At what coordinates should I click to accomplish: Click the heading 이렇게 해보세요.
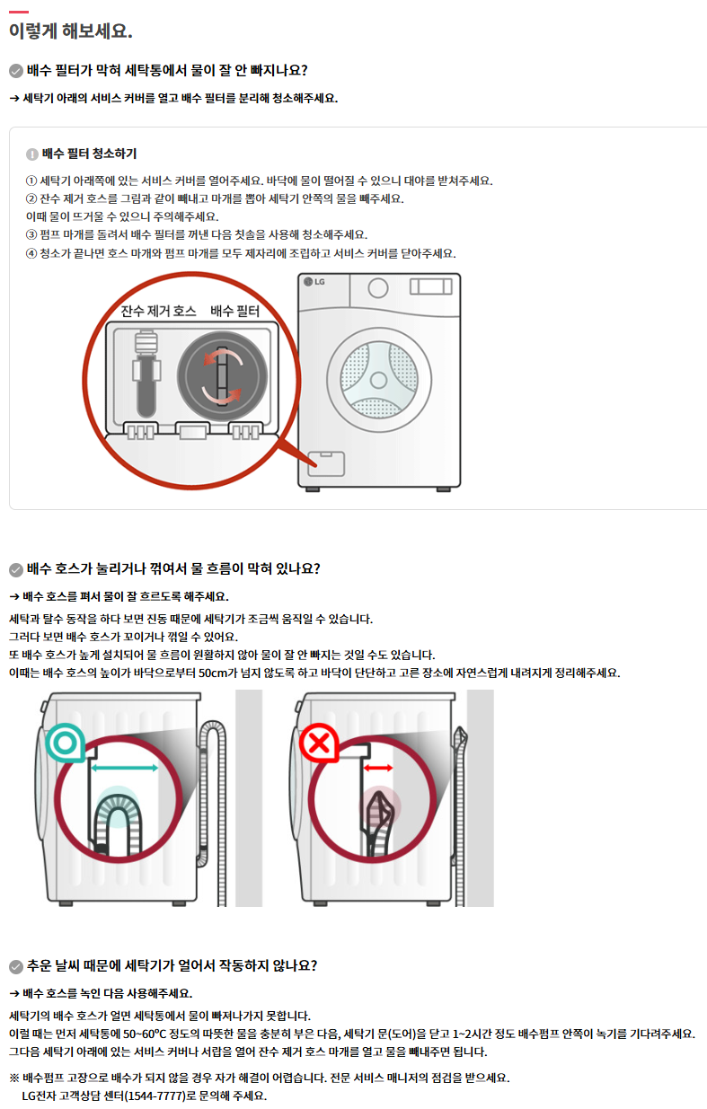71,31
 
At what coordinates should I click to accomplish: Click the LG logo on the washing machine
314,282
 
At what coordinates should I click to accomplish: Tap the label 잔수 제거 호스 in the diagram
158,311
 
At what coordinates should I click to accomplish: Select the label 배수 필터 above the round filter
234,311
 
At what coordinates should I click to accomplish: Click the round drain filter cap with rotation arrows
223,377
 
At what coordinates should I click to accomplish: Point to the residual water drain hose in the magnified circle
146,374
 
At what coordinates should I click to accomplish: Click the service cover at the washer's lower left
326,463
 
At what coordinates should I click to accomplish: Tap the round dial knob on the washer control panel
378,288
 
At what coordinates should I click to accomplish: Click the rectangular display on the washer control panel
431,286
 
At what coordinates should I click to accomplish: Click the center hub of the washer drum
378,380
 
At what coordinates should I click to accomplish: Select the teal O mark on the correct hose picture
66,743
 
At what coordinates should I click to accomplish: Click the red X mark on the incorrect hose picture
320,743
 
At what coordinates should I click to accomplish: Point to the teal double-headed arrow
125,768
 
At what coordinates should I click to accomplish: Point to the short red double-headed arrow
378,768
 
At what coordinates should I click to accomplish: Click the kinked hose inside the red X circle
379,823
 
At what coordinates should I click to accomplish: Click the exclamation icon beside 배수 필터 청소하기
32,154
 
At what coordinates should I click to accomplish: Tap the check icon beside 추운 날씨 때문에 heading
16,966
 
